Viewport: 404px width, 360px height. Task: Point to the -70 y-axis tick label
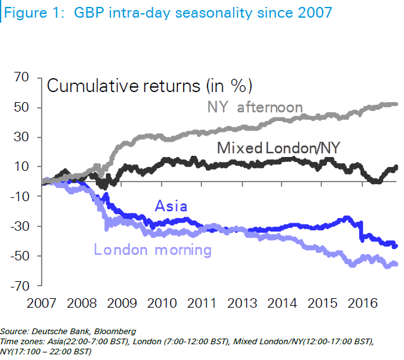(18, 286)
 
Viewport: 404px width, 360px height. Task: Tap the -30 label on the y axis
(18, 227)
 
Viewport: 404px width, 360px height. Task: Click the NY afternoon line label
(255, 108)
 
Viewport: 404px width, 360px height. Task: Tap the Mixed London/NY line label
(279, 149)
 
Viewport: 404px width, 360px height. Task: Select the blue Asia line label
(170, 207)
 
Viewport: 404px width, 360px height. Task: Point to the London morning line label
(152, 250)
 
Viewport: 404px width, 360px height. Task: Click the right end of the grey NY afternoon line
(396, 104)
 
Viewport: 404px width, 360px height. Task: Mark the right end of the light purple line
(396, 264)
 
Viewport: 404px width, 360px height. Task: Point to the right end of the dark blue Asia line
(396, 245)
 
